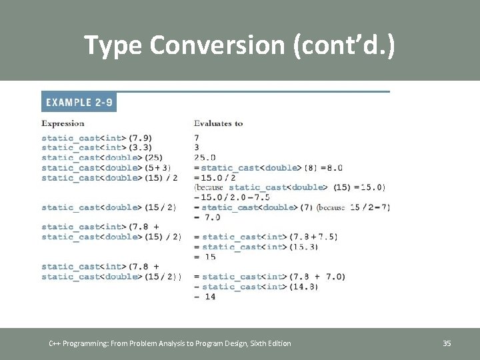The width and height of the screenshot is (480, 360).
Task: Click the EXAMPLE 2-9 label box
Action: pos(79,103)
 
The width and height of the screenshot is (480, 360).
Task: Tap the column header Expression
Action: pos(63,123)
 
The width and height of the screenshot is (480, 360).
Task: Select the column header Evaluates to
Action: pos(218,123)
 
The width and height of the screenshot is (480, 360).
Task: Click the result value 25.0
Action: pos(205,158)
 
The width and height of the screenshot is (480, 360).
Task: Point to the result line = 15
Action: pos(205,257)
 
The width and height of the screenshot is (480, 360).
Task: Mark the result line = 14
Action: pos(205,297)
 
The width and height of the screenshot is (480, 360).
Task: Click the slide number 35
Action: pos(447,343)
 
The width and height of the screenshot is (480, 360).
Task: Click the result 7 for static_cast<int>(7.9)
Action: pos(197,137)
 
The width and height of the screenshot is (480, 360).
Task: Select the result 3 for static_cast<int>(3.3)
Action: pos(197,147)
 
